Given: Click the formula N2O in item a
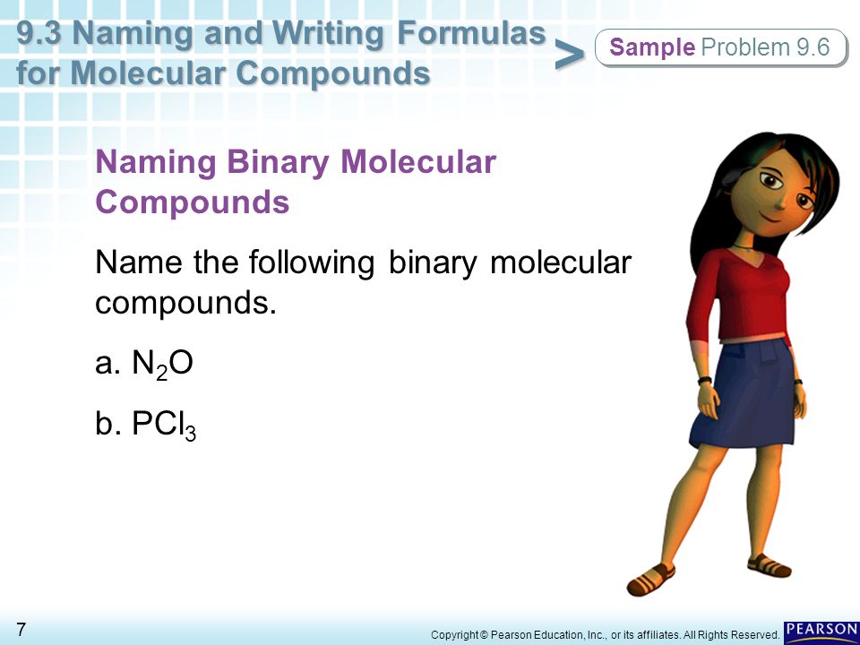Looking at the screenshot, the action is click(x=162, y=365).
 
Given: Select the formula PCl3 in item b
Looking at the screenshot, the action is click(x=163, y=425).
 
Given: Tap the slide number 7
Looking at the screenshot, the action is click(x=21, y=629).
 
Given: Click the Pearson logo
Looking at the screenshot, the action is click(x=821, y=630).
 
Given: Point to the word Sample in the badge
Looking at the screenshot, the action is click(x=652, y=47).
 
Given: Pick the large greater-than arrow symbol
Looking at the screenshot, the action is click(x=570, y=55).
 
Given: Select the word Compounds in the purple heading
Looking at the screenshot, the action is click(x=193, y=202).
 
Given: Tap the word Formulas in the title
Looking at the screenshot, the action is click(x=471, y=33).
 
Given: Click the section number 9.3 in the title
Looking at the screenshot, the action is click(x=40, y=33).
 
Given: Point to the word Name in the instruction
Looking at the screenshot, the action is click(x=140, y=262).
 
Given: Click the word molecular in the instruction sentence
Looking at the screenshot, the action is click(x=561, y=262).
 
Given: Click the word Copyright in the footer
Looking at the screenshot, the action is click(x=455, y=634).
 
